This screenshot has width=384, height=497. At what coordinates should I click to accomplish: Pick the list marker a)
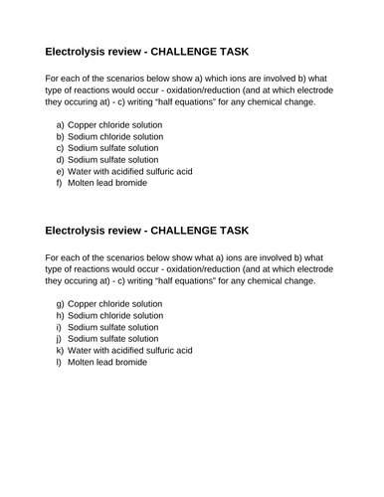point(61,124)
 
